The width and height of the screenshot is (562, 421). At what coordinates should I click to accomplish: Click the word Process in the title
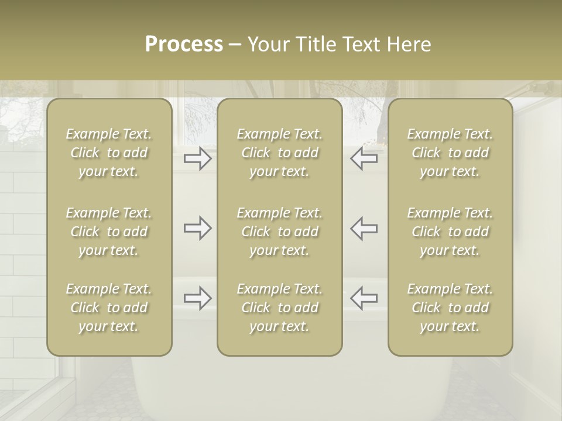[184, 44]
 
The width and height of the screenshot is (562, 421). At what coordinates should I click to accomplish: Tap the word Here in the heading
[410, 44]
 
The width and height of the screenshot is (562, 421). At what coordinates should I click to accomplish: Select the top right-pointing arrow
[198, 158]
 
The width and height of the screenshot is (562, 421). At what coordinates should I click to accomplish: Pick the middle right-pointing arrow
[198, 228]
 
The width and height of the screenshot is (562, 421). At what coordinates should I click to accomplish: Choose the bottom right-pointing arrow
[198, 298]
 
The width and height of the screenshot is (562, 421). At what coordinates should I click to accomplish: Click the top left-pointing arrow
[364, 158]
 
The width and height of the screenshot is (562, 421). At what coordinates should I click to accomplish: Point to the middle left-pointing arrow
[364, 228]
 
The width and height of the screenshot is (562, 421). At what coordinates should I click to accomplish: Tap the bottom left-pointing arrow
[364, 298]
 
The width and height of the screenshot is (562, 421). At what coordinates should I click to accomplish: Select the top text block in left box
[109, 153]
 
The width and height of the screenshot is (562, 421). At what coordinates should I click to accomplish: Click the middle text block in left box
[109, 232]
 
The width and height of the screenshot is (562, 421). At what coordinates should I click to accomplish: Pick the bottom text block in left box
[109, 308]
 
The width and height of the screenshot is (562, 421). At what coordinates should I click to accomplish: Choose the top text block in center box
[279, 153]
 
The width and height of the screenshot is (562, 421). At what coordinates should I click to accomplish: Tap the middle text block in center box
[279, 232]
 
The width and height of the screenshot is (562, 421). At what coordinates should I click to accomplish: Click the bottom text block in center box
[279, 308]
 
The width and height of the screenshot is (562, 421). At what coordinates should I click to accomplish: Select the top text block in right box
[450, 153]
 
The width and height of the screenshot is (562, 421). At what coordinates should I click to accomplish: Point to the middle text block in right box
[450, 232]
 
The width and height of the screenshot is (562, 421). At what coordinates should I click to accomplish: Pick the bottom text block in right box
[450, 308]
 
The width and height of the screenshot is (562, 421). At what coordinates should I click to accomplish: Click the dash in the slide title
[235, 45]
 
